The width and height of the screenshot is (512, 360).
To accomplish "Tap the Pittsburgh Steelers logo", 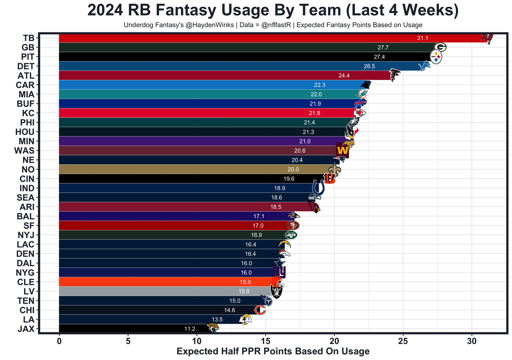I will point(436,57).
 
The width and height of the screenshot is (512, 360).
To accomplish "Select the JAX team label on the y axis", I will point(26,329).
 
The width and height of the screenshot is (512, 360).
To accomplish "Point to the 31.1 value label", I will point(422,38).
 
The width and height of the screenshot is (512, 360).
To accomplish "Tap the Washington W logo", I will point(342,150).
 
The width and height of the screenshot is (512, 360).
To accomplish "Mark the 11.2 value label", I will point(190,329).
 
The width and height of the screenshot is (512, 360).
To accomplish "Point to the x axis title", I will point(273,352).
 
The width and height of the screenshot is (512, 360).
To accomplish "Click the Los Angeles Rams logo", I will point(245,319).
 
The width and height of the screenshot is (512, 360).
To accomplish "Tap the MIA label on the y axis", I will point(26,94).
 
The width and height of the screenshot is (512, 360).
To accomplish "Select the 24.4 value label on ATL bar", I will point(343,76).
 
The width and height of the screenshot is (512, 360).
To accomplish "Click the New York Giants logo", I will point(279,272).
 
